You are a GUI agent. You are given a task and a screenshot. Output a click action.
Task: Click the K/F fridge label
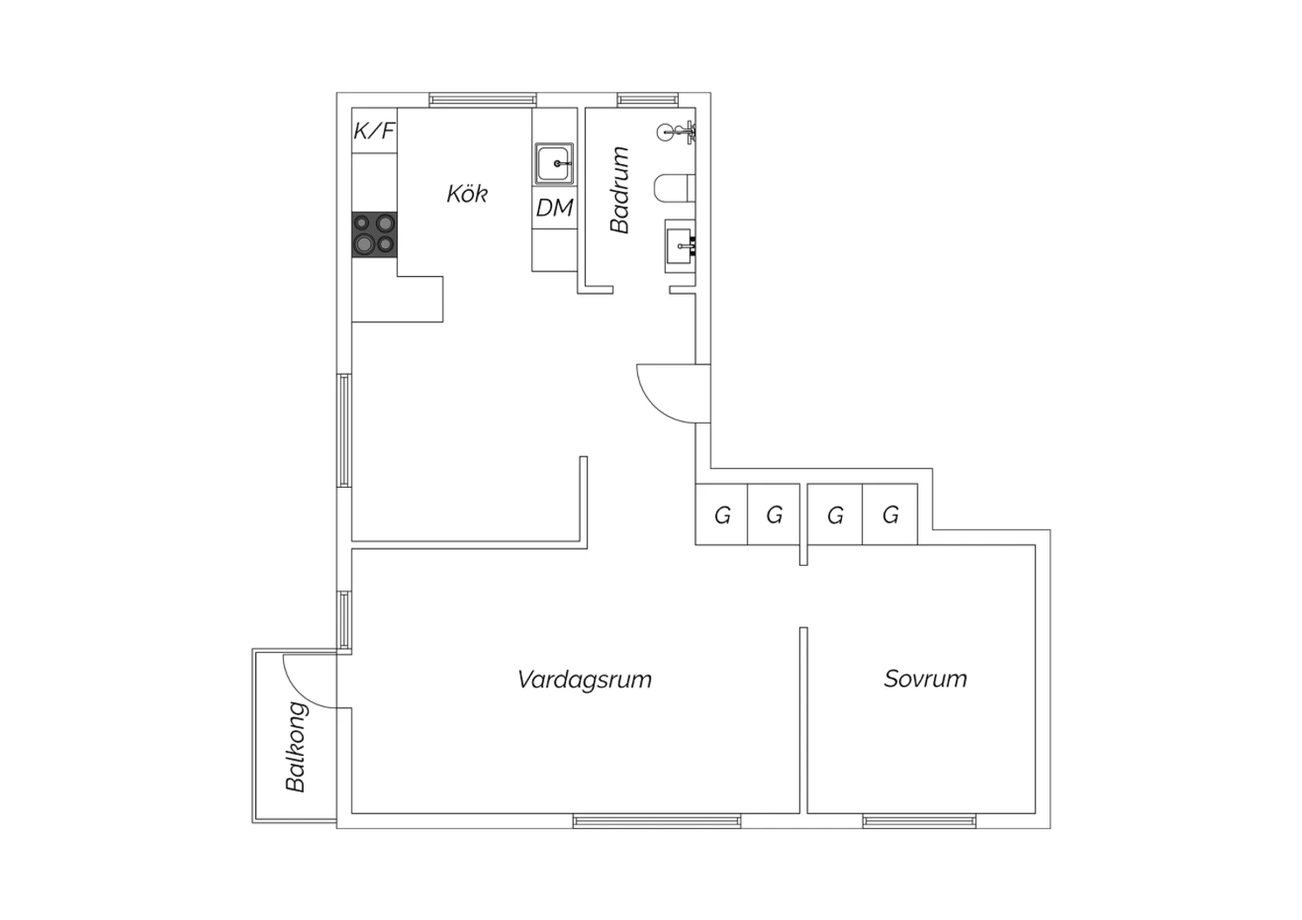375,131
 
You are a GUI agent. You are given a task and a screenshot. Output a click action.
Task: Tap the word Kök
467,194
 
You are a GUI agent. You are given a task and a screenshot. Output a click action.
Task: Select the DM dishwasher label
555,207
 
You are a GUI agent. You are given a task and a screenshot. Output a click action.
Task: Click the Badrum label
620,190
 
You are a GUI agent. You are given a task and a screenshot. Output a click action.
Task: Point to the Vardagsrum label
584,680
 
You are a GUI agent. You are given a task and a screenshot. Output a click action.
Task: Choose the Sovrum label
925,679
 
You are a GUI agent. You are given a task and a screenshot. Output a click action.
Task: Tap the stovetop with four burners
374,234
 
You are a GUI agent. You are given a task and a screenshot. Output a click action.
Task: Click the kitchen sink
555,164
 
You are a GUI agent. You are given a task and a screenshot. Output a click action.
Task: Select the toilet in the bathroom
674,187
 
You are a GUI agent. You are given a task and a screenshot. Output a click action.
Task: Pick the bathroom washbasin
680,246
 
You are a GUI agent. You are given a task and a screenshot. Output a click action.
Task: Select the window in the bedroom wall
919,820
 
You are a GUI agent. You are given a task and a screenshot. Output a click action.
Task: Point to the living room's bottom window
657,820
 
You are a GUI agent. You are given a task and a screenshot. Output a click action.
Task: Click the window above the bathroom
648,100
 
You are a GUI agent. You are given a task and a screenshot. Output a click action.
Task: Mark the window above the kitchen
483,100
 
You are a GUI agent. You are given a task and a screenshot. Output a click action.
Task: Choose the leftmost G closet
721,515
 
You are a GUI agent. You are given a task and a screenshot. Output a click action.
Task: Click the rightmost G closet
890,515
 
